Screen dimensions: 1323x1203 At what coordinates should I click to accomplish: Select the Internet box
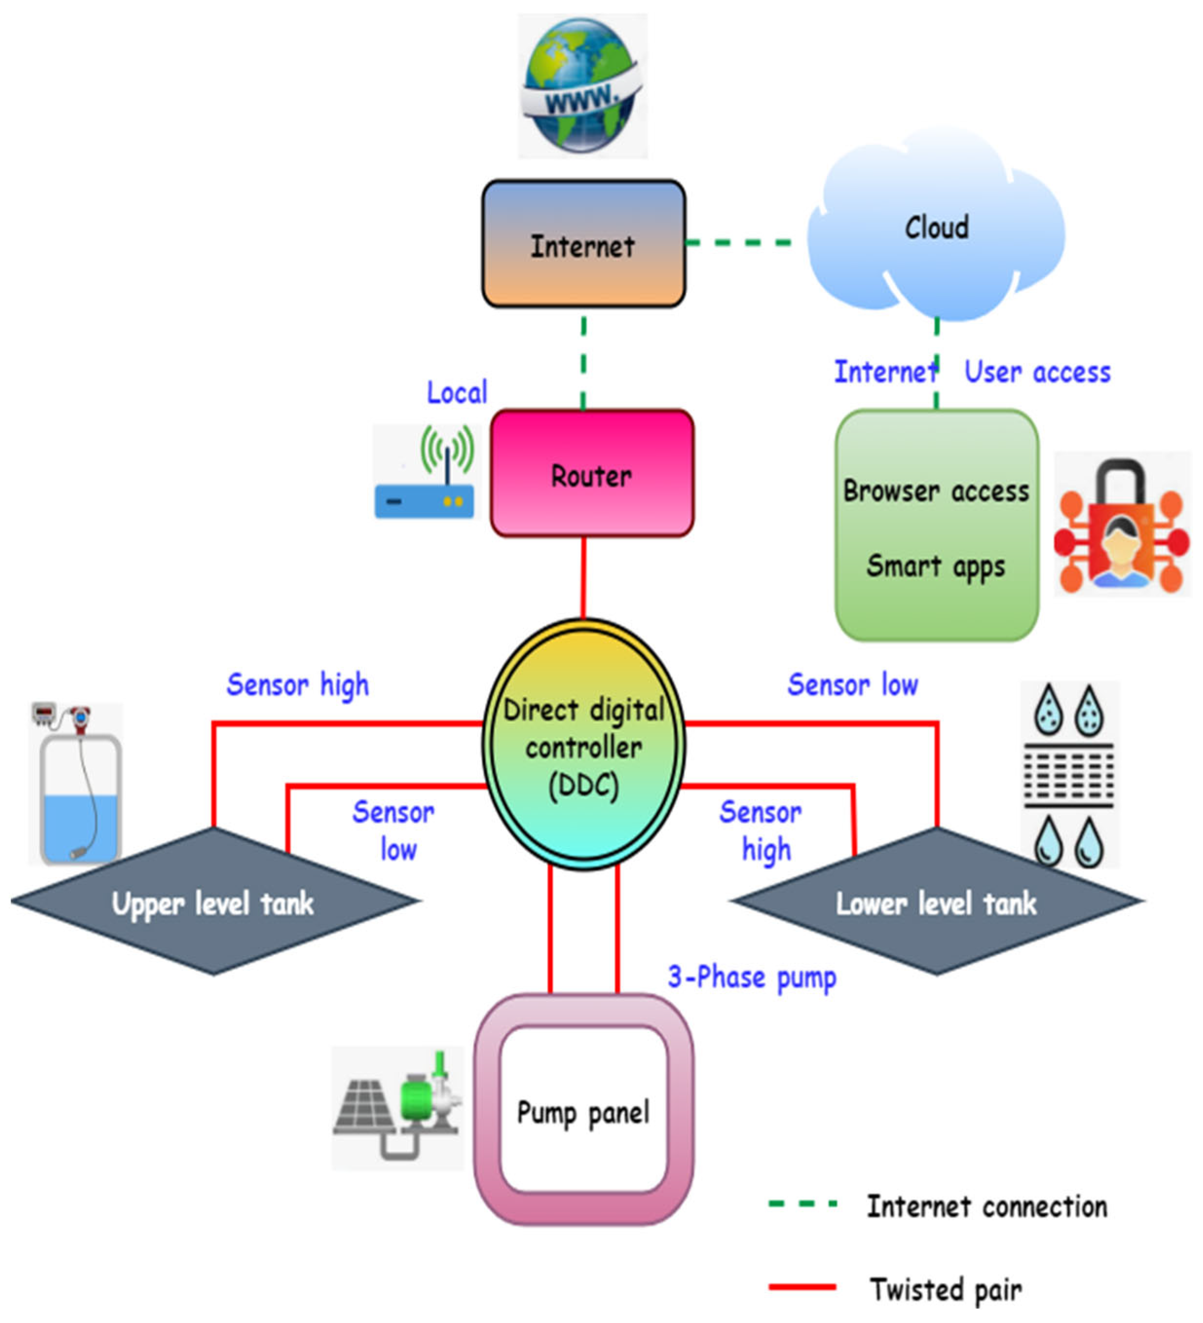(x=583, y=243)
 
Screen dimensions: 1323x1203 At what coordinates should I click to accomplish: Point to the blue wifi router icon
(x=426, y=472)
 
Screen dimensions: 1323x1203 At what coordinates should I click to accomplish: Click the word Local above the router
(x=457, y=392)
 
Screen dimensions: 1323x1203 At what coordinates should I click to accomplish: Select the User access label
(x=1036, y=372)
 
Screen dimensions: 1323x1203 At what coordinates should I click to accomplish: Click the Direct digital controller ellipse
(x=583, y=745)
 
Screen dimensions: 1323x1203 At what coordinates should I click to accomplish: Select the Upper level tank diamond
(x=213, y=902)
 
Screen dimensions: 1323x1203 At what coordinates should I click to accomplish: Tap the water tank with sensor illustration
(x=77, y=784)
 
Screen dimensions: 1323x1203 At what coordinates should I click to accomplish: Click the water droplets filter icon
(x=1069, y=774)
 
